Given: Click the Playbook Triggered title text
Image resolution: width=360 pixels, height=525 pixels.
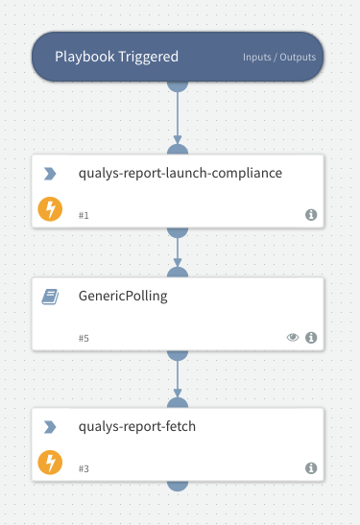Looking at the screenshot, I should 116,57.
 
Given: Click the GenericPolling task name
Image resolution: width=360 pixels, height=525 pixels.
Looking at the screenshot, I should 123,297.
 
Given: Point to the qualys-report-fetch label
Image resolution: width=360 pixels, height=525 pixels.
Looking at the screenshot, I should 137,426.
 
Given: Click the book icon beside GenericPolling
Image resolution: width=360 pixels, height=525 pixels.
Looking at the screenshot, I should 51,297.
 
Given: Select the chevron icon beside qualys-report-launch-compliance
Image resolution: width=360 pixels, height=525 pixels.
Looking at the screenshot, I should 51,175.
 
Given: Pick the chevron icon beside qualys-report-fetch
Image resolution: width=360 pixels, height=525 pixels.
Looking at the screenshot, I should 51,426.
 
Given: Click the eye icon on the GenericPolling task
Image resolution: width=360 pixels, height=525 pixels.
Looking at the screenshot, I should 293,338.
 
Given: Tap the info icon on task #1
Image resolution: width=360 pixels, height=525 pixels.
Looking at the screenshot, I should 310,215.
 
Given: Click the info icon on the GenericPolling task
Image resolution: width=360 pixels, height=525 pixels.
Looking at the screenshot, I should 310,338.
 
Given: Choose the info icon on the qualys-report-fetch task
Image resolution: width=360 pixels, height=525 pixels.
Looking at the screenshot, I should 310,467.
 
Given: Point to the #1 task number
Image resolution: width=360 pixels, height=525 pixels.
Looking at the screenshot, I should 84,215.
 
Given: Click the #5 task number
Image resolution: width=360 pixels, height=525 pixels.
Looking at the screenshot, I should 84,338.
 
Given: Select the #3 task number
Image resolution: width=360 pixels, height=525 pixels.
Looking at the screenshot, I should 84,467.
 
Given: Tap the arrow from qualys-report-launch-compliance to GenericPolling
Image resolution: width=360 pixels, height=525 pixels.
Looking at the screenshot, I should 178,251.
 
